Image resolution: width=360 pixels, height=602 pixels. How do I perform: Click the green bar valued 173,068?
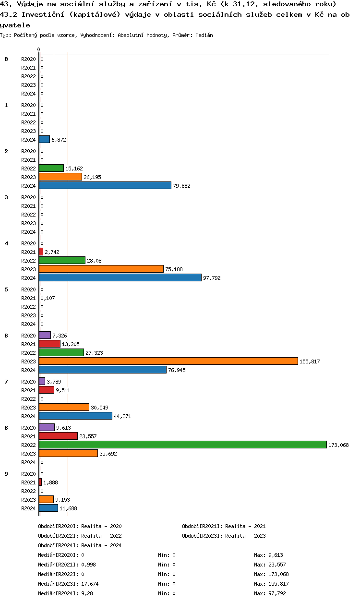(182, 445)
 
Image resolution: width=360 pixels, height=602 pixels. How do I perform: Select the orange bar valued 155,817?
(168, 361)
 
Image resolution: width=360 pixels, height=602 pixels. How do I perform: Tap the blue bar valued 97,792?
(120, 277)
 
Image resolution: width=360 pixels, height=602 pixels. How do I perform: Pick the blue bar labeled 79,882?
(105, 185)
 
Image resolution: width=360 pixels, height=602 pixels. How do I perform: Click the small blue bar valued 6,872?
(44, 139)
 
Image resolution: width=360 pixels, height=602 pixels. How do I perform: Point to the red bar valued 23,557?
(58, 436)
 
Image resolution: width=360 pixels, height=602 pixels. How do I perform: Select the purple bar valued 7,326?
(45, 335)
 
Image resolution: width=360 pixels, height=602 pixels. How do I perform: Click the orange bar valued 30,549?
(64, 407)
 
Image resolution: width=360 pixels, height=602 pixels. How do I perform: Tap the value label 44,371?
(122, 416)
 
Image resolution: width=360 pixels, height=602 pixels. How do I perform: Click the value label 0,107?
(48, 298)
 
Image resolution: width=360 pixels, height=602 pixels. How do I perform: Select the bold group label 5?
(6, 289)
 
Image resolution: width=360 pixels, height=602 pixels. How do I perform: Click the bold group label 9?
(6, 474)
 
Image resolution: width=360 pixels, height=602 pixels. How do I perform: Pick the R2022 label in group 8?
(28, 445)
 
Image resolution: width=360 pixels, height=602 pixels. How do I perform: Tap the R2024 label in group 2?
(28, 186)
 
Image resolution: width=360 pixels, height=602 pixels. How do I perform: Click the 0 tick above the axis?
(38, 49)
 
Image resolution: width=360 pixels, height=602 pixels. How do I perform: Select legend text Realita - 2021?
(245, 526)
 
